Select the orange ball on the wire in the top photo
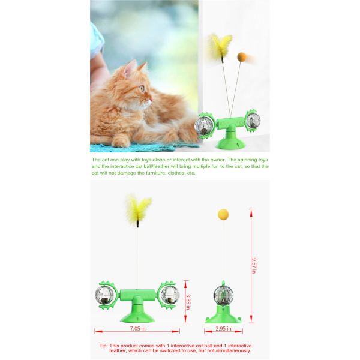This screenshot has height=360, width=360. [242, 56]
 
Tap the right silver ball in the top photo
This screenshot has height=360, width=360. [251, 120]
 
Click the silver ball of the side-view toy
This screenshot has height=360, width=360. [223, 295]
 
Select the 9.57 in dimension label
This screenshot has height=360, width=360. [254, 265]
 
